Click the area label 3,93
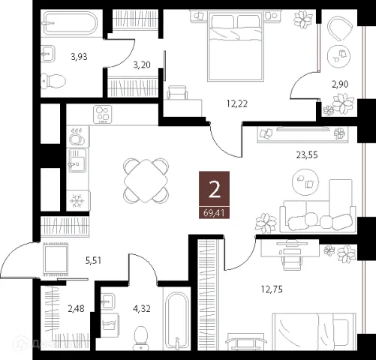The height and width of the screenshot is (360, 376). tap(79, 57)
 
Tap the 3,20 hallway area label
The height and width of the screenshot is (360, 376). tap(142, 65)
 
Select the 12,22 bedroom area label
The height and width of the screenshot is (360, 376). tap(237, 103)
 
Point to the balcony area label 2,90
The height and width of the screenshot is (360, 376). tap(340, 84)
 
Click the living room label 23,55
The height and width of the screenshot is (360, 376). tap(307, 155)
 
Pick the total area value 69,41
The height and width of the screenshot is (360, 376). tap(214, 213)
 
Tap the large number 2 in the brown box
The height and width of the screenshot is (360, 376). tap(215, 189)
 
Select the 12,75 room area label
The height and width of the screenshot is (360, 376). tap(272, 289)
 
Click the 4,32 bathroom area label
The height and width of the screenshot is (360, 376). tap(142, 309)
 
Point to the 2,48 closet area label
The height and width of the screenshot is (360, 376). tap(76, 309)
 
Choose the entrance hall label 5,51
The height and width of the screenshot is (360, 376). tap(93, 261)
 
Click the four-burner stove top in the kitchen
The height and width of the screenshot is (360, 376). tap(103, 114)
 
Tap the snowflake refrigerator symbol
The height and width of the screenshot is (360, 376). tap(77, 200)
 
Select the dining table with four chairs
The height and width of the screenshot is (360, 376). tap(146, 181)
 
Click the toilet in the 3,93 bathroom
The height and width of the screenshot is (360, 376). tap(53, 81)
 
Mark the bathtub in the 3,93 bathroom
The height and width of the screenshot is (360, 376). tap(70, 23)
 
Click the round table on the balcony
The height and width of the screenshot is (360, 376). tap(338, 56)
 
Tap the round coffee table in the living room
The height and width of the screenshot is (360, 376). tap(305, 181)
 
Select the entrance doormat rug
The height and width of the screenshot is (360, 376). tap(56, 259)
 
